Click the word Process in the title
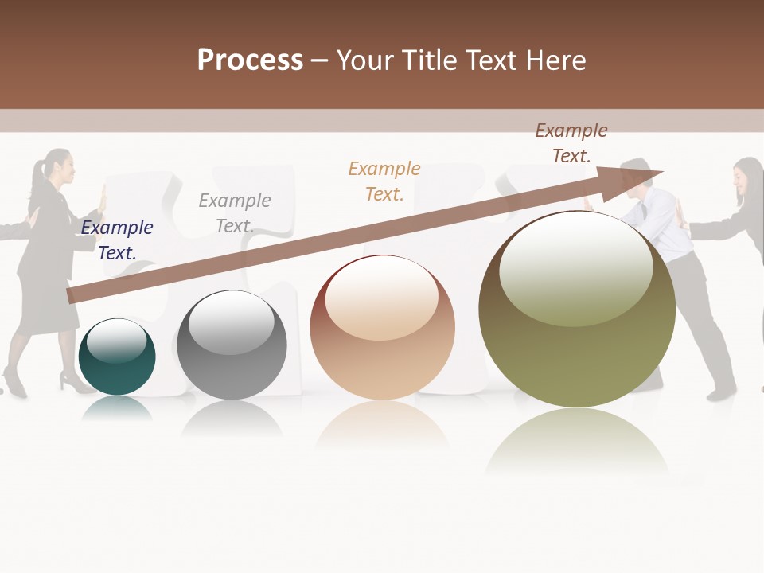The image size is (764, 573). click(250, 60)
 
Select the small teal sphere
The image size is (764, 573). click(117, 357)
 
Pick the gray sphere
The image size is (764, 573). click(232, 345)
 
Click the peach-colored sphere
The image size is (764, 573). click(382, 328)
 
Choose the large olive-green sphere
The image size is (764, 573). click(577, 310)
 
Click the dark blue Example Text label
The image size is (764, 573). click(117, 240)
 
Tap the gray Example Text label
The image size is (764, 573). click(235, 212)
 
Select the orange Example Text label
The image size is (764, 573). click(384, 181)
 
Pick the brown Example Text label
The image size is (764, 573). click(571, 142)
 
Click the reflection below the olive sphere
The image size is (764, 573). click(577, 442)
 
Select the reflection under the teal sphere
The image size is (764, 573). click(117, 407)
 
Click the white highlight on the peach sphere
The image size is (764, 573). click(382, 298)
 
